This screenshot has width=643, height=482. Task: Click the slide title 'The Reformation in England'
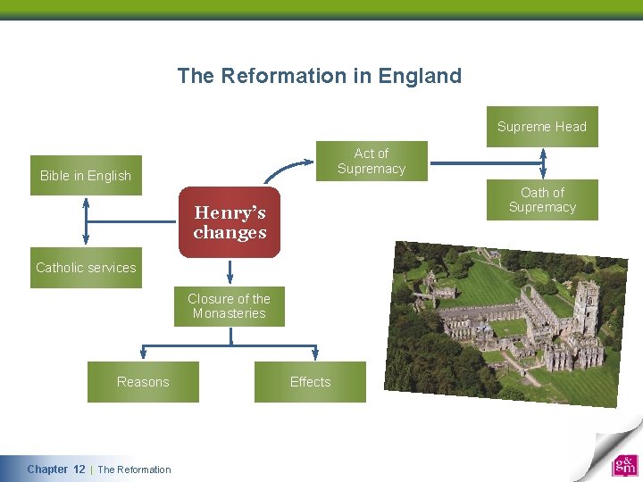319,76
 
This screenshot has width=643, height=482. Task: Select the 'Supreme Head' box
541,127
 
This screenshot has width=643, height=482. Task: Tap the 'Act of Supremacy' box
372,161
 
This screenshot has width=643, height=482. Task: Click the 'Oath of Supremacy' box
542,200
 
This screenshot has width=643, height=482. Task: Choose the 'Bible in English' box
86,176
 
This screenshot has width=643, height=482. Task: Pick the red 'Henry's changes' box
230,222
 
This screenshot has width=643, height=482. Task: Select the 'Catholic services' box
86,268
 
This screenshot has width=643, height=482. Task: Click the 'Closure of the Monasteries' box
229,306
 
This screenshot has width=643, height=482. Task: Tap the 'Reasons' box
143,382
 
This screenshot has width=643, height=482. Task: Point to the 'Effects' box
310,382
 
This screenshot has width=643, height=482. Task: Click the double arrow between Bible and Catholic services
86,220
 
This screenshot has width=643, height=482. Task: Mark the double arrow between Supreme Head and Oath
542,163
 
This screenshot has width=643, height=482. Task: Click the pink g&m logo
624,466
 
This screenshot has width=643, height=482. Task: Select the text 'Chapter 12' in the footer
56,470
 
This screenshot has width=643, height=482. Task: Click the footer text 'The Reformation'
134,470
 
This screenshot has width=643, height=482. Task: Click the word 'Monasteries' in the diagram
229,313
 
